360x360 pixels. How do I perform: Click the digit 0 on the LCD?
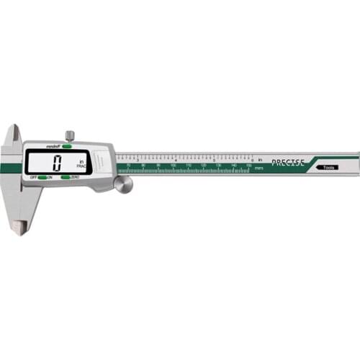tap(58, 161)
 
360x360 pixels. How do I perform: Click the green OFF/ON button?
tap(43, 176)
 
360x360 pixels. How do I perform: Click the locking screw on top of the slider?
tap(69, 135)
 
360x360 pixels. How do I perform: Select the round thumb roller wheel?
tap(123, 184)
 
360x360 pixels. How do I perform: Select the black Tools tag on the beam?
tap(328, 167)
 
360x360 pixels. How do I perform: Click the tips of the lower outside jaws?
tap(19, 227)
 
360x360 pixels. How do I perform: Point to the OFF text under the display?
tap(32, 176)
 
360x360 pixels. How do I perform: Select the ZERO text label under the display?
tap(76, 176)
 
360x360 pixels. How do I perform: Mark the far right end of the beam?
tap(356, 159)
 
